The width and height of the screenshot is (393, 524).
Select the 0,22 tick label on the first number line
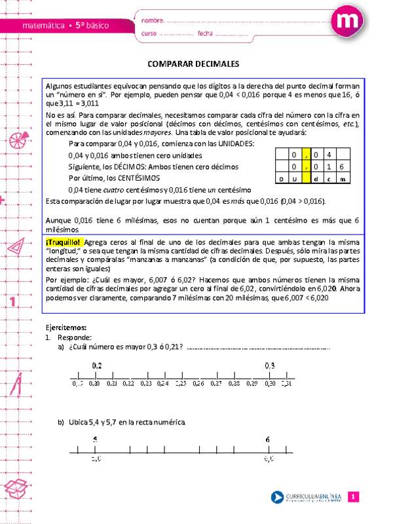tap(128, 383)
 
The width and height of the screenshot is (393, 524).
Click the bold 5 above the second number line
tap(96, 439)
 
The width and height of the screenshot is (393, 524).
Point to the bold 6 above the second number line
tap(269, 439)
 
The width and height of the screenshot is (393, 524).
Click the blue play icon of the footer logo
tap(278, 496)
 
